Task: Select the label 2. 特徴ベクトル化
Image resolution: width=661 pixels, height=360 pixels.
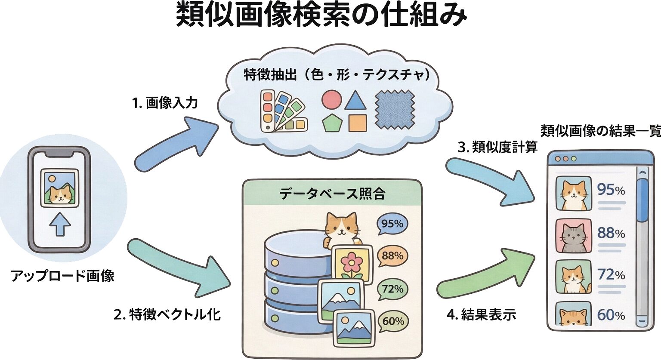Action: pos(167,314)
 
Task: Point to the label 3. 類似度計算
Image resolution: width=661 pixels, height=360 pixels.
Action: pos(497,148)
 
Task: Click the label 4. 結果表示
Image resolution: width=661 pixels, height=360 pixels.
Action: pos(482,314)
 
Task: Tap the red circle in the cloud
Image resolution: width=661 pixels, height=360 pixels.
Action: pos(331,99)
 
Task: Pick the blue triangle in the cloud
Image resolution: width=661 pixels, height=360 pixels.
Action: pos(355,100)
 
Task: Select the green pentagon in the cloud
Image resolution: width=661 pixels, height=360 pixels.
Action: pos(332,123)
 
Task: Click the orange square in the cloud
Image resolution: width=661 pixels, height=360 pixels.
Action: pos(357,123)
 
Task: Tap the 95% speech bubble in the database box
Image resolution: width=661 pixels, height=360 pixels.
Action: pos(392,225)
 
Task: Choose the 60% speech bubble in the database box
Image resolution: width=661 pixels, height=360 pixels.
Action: pos(392,321)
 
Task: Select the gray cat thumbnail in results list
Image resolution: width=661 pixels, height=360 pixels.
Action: pos(573,236)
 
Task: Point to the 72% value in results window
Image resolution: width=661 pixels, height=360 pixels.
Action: pos(611,274)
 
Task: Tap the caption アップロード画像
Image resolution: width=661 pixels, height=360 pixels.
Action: pos(63,276)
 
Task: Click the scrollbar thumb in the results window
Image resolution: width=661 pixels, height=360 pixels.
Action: pos(642,200)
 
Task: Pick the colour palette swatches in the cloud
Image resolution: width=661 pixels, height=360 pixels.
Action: pos(282,111)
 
